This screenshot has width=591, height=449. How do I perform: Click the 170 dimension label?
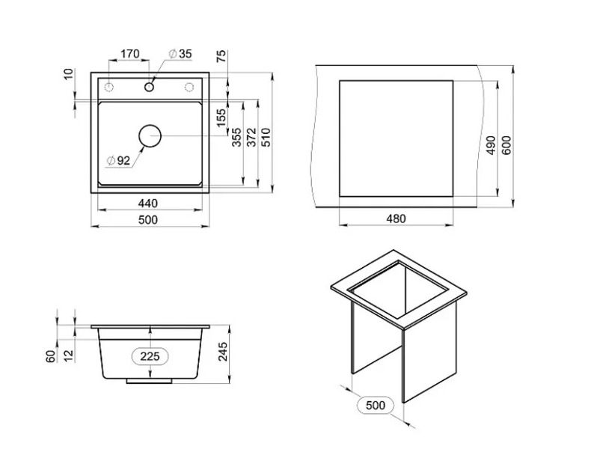tap(130, 54)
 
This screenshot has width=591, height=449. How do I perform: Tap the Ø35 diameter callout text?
tap(180, 54)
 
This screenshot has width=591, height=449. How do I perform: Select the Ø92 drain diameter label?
tap(118, 161)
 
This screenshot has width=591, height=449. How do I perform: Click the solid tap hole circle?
tap(150, 87)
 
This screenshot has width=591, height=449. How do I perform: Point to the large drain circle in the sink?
tap(150, 136)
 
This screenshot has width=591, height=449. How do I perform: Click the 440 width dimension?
tap(148, 204)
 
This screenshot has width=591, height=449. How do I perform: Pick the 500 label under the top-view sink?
tap(148, 220)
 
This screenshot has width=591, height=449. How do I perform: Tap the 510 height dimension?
tap(266, 137)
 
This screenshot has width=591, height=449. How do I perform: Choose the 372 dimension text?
tap(251, 137)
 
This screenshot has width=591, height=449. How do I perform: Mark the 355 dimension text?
tap(236, 137)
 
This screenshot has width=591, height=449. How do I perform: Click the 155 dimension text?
tap(221, 117)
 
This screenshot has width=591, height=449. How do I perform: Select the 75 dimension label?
tap(221, 56)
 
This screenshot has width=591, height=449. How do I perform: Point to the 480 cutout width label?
tap(396, 219)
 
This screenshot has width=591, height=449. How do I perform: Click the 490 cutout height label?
tap(491, 145)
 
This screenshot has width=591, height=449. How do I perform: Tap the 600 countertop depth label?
tap(506, 145)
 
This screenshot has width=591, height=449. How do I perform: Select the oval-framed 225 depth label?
tap(150, 356)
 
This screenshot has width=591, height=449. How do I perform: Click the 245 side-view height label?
tap(223, 352)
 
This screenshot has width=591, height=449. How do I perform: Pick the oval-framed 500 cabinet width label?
tap(376, 406)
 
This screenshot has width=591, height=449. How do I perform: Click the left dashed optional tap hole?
tap(109, 87)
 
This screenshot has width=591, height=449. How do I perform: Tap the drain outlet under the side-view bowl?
tap(150, 381)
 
